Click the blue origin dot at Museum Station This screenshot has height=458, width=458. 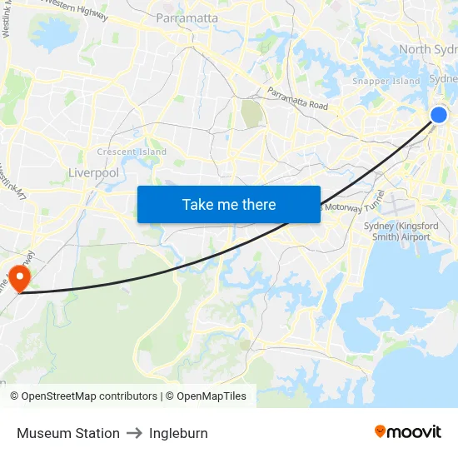pyautogui.click(x=439, y=115)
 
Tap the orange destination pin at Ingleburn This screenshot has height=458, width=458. pyautogui.click(x=18, y=276)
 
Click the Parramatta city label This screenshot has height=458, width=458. pyautogui.click(x=187, y=17)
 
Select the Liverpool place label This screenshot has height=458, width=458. pyautogui.click(x=93, y=173)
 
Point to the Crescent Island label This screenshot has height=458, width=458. pyautogui.click(x=132, y=152)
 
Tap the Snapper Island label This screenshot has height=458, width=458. pyautogui.click(x=386, y=81)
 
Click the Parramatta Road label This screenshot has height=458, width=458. pyautogui.click(x=297, y=99)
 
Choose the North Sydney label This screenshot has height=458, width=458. pyautogui.click(x=427, y=49)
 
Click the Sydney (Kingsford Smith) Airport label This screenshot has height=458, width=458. pyautogui.click(x=397, y=231)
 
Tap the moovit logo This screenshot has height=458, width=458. pyautogui.click(x=407, y=431)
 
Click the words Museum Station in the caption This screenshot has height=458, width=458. pyautogui.click(x=68, y=433)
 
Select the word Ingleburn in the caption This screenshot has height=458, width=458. pyautogui.click(x=178, y=433)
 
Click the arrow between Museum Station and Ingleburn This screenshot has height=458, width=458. pyautogui.click(x=134, y=433)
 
